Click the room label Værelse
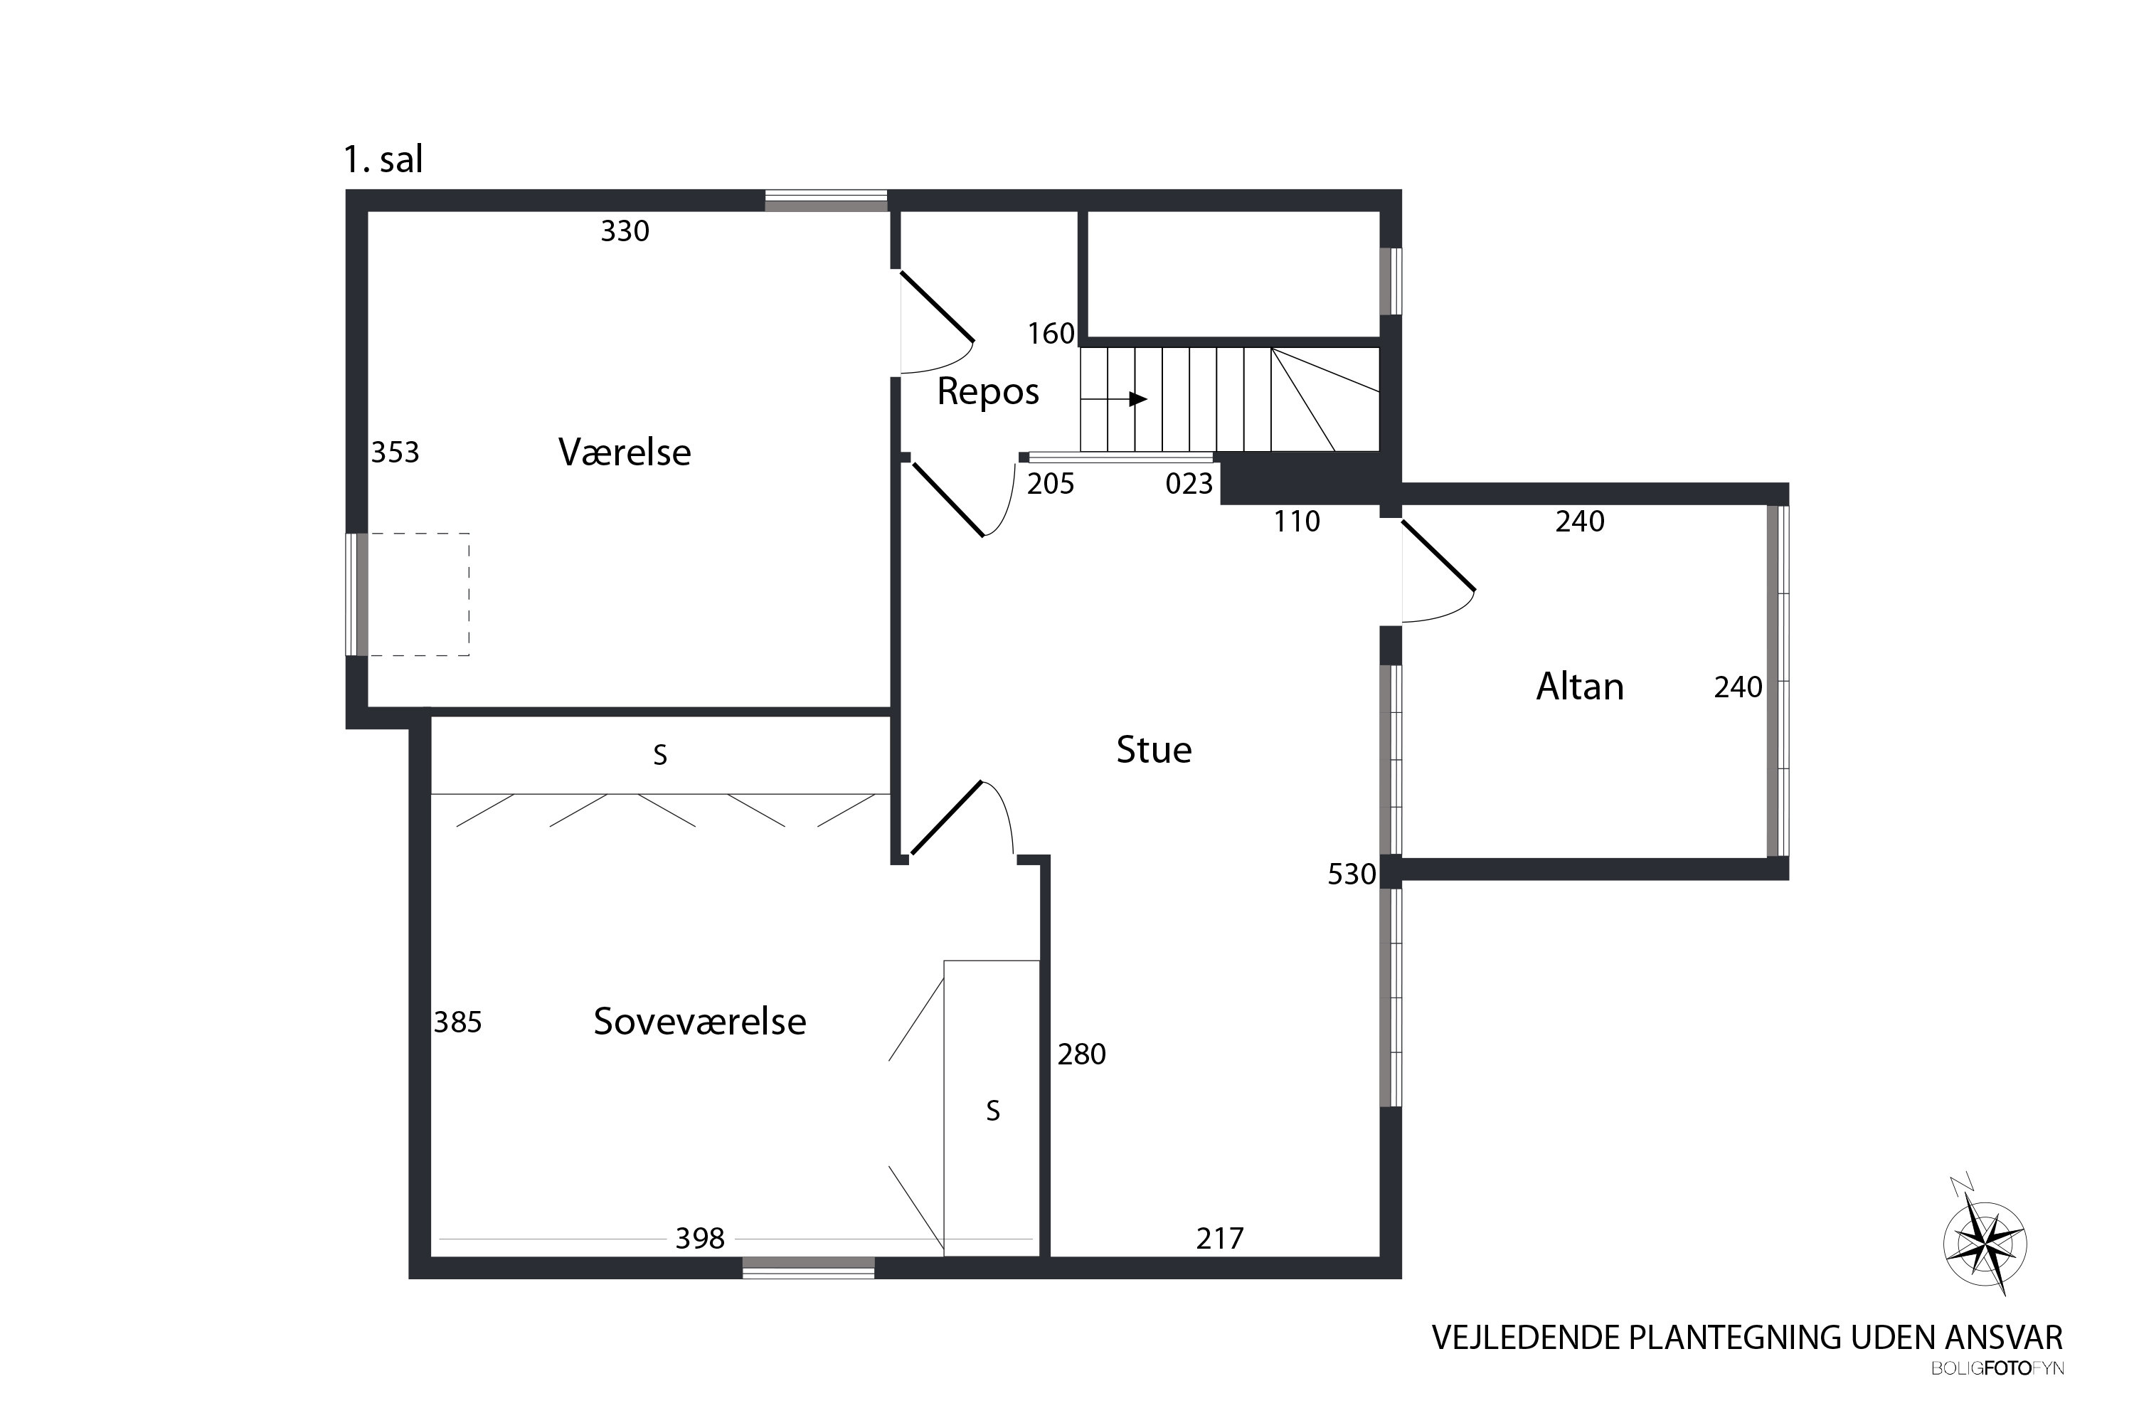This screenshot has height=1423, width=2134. (625, 452)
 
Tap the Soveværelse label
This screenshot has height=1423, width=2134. (699, 1022)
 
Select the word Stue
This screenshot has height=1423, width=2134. (1153, 750)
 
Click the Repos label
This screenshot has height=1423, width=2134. (988, 392)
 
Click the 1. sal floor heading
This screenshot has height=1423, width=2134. (383, 159)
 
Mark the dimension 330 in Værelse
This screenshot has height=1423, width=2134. (625, 231)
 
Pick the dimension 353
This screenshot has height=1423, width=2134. (395, 452)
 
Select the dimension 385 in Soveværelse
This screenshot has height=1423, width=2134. (457, 1023)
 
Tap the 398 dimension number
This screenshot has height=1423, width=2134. (699, 1239)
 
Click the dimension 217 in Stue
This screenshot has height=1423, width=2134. (1219, 1239)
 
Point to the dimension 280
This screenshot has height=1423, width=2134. (1081, 1054)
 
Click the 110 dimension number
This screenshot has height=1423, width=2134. (1297, 522)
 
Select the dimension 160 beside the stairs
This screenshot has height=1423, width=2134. (1051, 334)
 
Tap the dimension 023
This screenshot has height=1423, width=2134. (1189, 484)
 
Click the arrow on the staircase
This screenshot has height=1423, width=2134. (1114, 399)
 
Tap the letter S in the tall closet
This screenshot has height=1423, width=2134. (992, 1111)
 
